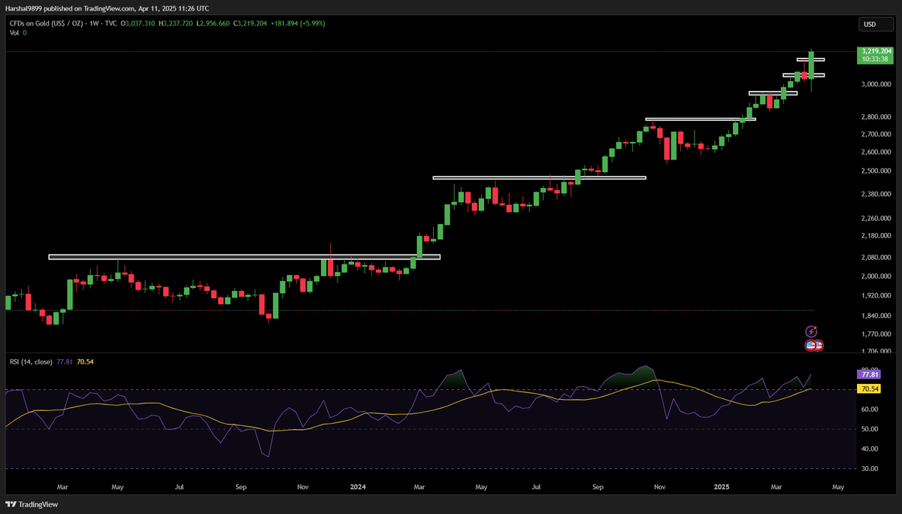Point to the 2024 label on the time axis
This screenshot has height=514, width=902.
click(359, 487)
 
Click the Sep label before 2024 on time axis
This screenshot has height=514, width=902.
click(241, 487)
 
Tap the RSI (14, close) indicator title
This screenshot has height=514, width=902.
click(31, 361)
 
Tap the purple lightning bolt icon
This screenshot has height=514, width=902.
click(811, 331)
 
